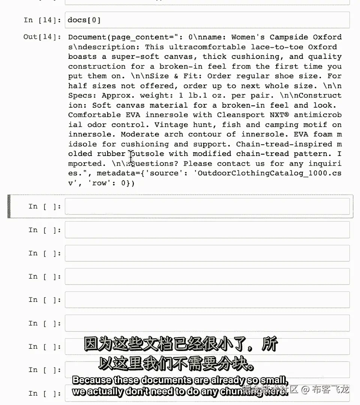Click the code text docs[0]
(x=84, y=20)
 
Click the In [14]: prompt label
(x=42, y=20)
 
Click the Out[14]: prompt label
(x=42, y=37)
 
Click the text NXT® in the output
(x=277, y=115)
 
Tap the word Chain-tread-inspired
(x=284, y=144)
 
